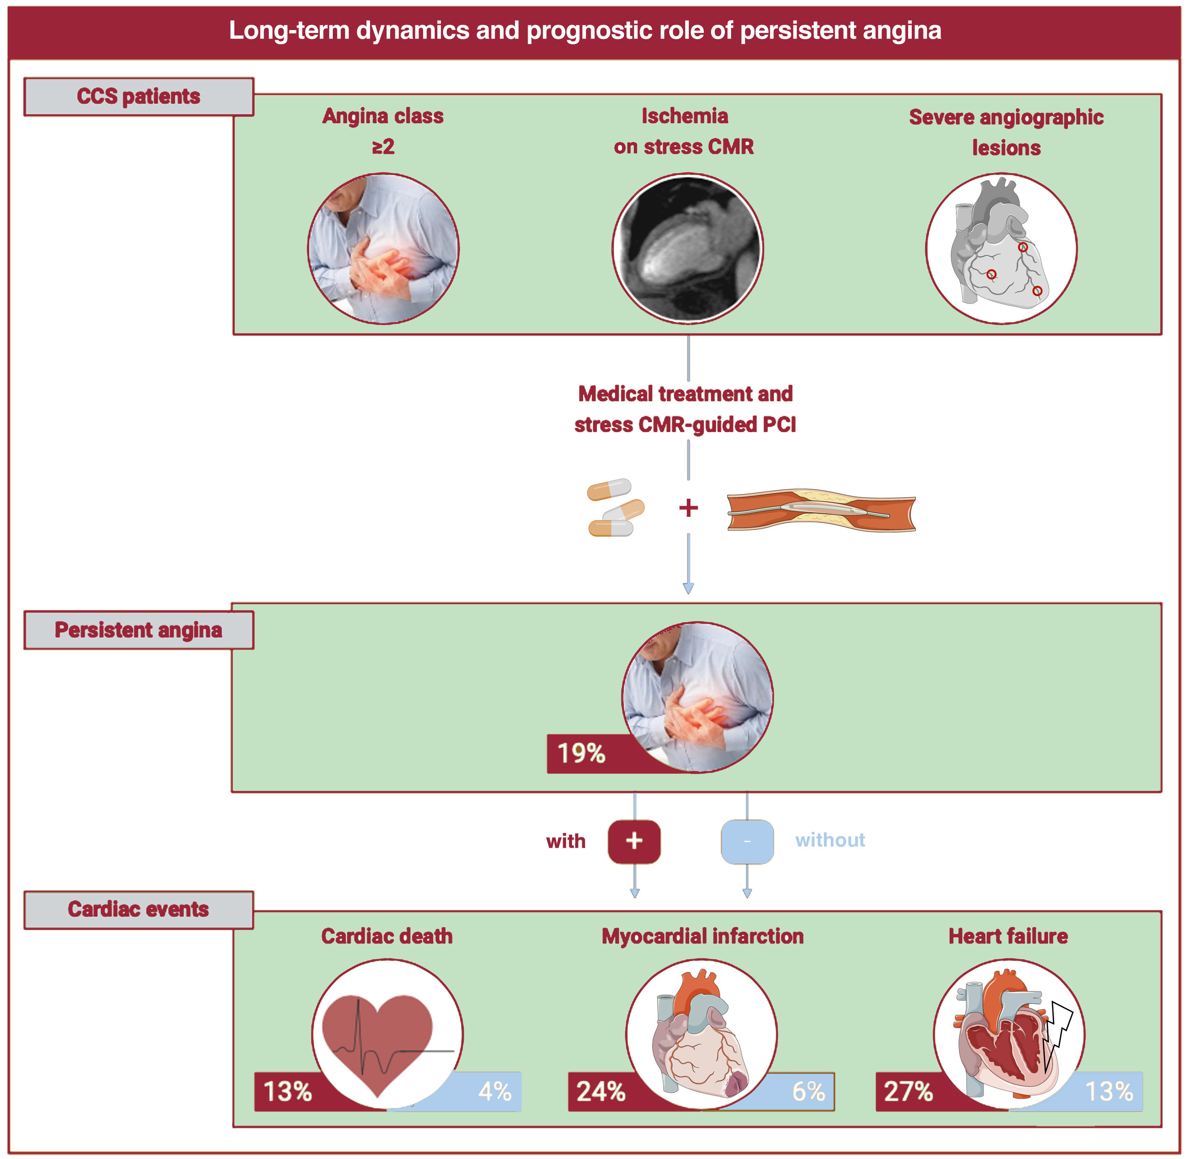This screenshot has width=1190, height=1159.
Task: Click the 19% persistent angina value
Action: (x=581, y=753)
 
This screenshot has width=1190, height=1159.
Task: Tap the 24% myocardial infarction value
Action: (x=601, y=1091)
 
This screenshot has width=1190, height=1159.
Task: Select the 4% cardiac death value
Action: (x=494, y=1091)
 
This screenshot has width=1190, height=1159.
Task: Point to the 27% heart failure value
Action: (x=908, y=1091)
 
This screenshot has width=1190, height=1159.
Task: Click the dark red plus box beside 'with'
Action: (x=634, y=841)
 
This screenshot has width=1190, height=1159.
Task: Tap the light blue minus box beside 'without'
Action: (x=747, y=841)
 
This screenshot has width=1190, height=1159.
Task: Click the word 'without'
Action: (x=830, y=840)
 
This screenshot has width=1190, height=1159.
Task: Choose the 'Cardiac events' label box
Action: (x=139, y=910)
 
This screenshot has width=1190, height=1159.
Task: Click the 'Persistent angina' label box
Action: (x=139, y=630)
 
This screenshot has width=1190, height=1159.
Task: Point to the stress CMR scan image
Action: (x=687, y=248)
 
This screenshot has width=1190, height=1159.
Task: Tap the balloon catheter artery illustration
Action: (x=821, y=510)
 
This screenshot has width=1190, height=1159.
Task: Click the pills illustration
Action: (x=615, y=508)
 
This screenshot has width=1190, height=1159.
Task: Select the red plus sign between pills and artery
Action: (x=688, y=508)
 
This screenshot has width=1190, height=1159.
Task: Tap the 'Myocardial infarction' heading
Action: (x=703, y=936)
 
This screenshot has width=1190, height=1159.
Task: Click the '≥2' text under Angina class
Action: (x=383, y=147)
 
